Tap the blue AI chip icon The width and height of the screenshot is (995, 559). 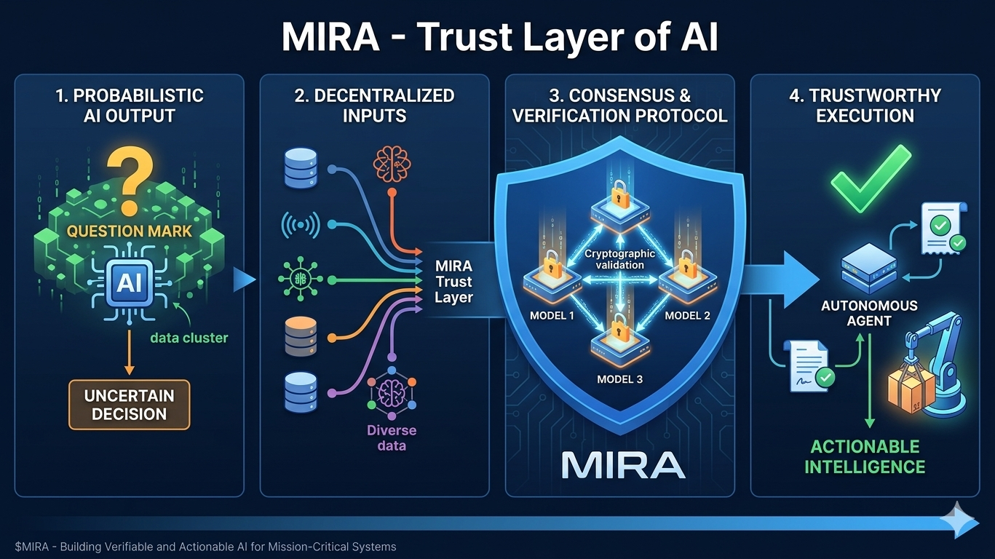click(129, 282)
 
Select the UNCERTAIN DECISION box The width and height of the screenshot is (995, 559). click(129, 405)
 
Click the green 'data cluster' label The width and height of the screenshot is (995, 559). click(189, 338)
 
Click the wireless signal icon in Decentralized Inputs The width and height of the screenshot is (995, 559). click(300, 226)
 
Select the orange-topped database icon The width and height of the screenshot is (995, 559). click(300, 336)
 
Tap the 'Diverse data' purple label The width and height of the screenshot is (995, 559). click(392, 437)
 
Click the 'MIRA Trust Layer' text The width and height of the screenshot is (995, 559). click(453, 282)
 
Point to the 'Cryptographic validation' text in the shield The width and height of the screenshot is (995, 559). click(619, 259)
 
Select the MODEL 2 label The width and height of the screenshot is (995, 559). click(686, 316)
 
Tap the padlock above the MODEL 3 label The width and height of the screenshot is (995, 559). click(619, 325)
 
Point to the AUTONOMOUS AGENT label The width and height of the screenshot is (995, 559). click(869, 313)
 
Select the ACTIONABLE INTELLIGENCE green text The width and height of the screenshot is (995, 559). click(865, 456)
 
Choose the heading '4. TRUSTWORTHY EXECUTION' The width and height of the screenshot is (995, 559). click(865, 106)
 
